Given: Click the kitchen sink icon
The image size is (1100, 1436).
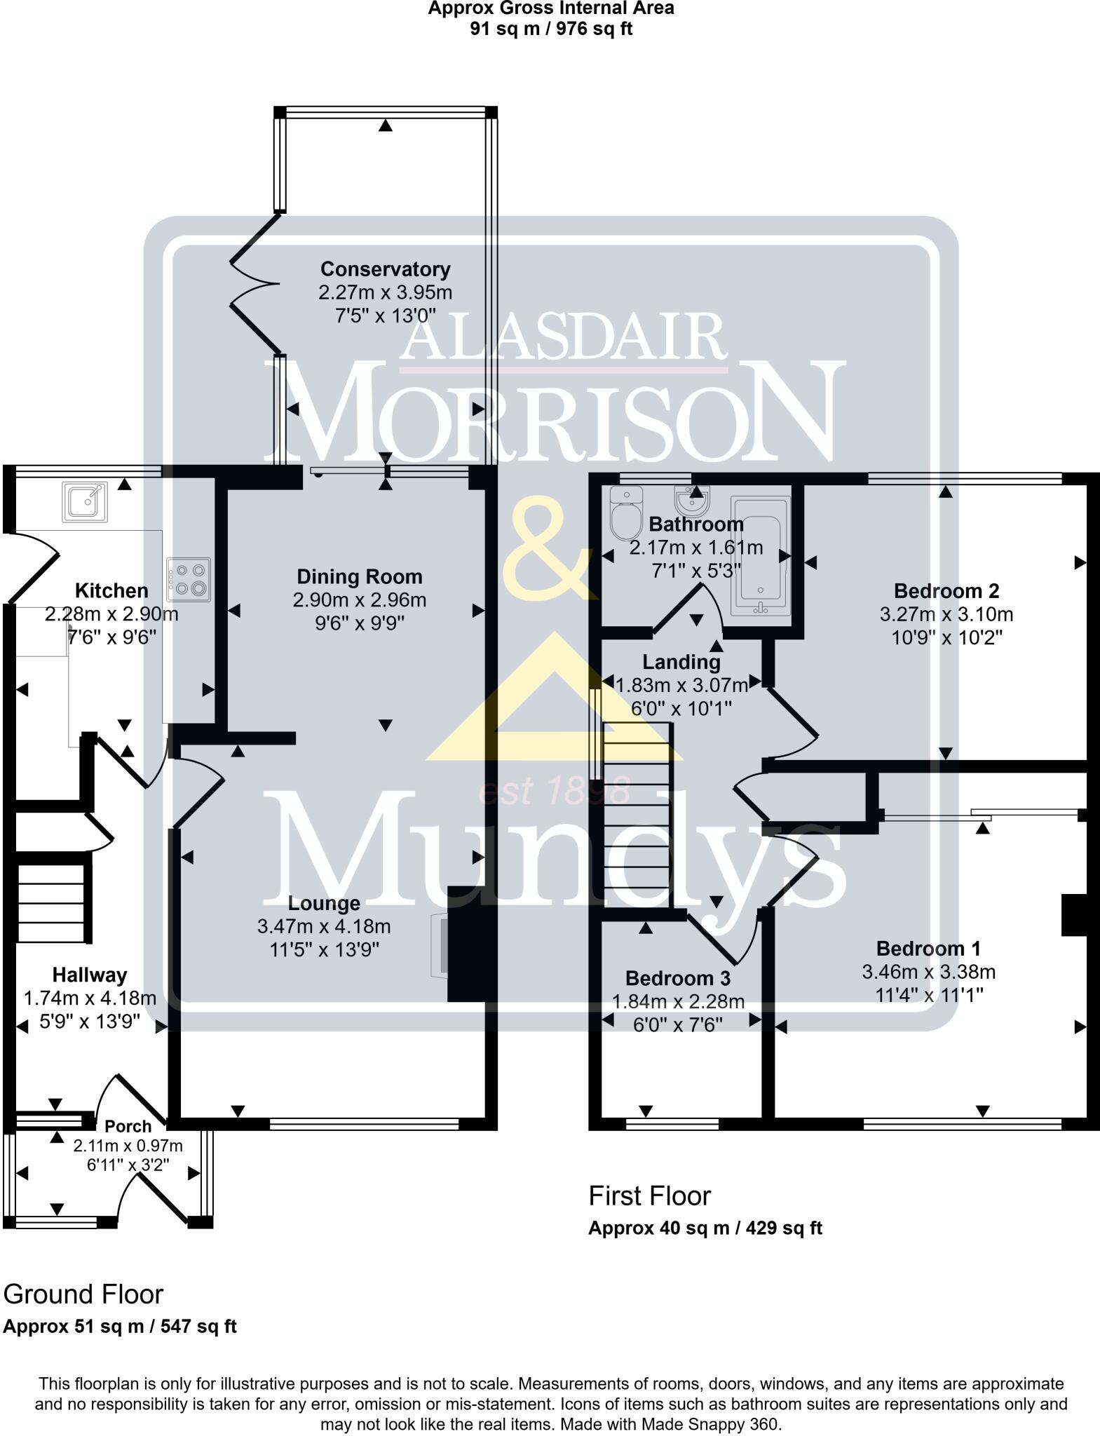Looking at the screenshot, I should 84,501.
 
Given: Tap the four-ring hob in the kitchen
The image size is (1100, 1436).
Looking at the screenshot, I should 189,579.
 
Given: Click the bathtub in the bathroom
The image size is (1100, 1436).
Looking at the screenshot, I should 760,556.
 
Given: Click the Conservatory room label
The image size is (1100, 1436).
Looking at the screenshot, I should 385,269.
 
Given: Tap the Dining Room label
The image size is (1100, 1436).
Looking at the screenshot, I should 360,577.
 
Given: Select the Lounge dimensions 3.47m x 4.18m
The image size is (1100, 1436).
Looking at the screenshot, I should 324,926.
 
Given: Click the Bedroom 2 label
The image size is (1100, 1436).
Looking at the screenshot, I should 946,590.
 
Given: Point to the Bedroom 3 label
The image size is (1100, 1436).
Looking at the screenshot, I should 677,978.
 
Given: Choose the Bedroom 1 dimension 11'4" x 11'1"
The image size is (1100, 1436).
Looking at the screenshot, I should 929,995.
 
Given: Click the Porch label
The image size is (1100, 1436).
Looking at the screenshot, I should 128,1127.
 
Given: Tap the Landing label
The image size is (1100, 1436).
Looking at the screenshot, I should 681,662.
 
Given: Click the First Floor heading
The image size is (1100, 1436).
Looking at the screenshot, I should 649,1196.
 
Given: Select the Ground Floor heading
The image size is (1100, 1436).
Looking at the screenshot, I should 83,1294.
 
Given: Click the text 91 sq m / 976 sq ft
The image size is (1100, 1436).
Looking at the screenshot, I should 551,29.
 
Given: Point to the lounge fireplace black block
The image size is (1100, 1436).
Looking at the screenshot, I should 466,944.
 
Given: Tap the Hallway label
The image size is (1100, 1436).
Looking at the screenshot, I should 90,975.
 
